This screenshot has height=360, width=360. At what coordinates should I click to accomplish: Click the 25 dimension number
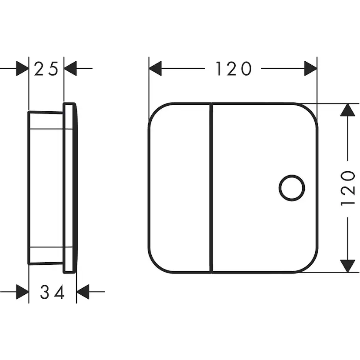[46, 69]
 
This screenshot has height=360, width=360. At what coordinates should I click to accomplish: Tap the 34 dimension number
[52, 292]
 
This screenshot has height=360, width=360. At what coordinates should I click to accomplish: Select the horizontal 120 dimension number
[233, 68]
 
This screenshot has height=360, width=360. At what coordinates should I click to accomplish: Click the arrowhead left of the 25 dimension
[23, 68]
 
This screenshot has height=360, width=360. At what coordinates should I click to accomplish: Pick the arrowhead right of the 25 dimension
[70, 68]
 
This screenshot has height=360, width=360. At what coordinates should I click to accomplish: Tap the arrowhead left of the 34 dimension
[23, 292]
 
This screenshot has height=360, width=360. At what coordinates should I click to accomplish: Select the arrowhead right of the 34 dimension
[83, 292]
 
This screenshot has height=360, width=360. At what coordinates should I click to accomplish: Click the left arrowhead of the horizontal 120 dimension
[155, 68]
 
